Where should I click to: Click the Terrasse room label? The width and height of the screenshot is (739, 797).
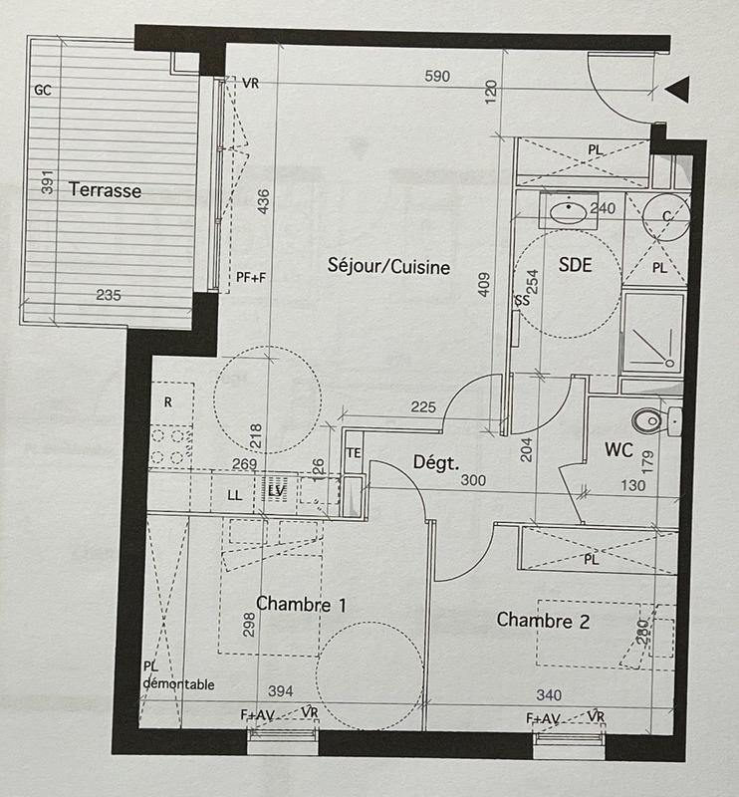(x=105, y=190)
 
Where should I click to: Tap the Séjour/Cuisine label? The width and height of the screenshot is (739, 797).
(x=389, y=266)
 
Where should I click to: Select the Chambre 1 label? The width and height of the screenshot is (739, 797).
(x=302, y=604)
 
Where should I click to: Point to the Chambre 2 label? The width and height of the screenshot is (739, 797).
(x=544, y=621)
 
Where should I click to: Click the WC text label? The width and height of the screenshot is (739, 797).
(x=618, y=450)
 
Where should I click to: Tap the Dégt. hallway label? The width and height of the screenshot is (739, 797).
(x=435, y=462)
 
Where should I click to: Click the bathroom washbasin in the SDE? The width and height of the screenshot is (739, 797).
(x=569, y=211)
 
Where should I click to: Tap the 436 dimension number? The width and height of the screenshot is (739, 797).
(x=264, y=201)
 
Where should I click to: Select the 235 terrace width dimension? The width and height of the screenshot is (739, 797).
(x=109, y=295)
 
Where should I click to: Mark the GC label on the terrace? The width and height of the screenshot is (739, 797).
(x=43, y=90)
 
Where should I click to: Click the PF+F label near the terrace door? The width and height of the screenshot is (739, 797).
(x=251, y=278)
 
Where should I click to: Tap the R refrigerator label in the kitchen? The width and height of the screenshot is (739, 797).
(x=167, y=402)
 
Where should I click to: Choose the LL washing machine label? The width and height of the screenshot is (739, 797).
(x=235, y=494)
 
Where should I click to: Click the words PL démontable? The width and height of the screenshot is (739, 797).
(x=177, y=675)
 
